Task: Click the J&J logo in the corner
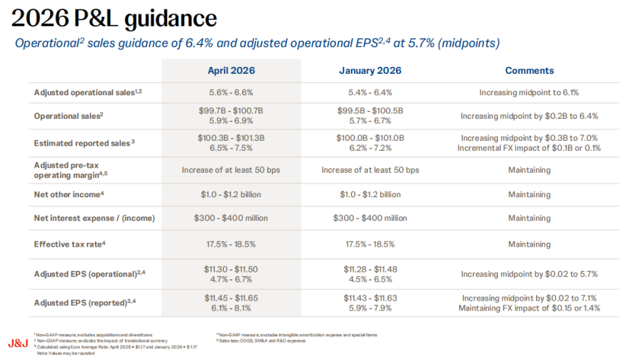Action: tap(18, 342)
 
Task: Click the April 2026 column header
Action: tap(231, 71)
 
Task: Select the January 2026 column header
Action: tap(370, 71)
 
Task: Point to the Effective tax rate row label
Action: tap(69, 244)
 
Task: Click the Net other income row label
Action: tap(69, 194)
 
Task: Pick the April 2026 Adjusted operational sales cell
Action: tap(231, 92)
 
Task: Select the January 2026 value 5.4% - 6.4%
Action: tap(370, 92)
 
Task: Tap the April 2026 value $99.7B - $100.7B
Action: tap(231, 111)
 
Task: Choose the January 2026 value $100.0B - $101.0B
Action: tap(370, 137)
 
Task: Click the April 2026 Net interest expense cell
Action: tap(231, 218)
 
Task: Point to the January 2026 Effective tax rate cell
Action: tap(370, 244)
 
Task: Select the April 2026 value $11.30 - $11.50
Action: tap(231, 269)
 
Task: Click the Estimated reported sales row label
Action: tap(84, 142)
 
